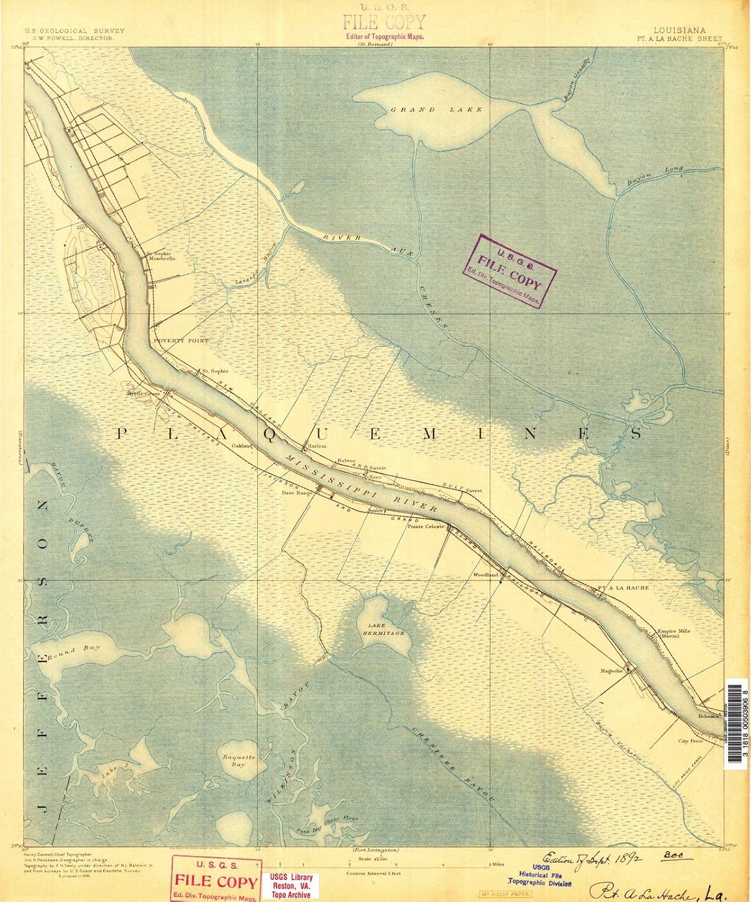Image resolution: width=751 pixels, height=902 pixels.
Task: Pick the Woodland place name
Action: [x=487, y=575]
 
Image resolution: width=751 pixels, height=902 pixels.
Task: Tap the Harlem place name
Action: [x=316, y=446]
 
